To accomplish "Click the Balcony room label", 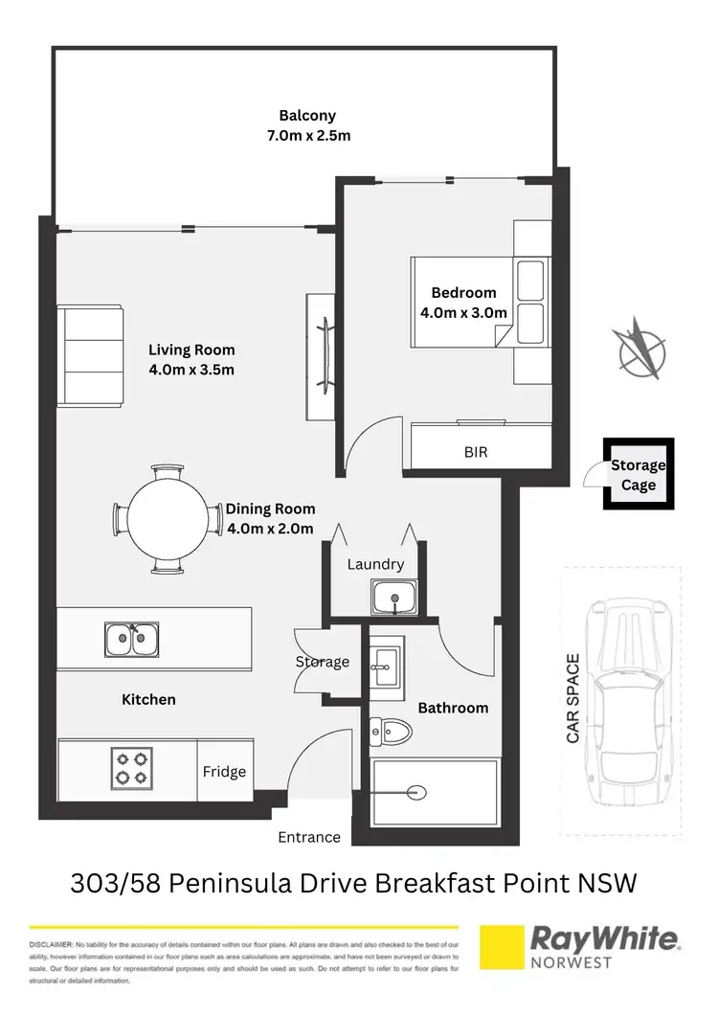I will [308, 115].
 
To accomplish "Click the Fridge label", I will [224, 772].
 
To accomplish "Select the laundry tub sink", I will [394, 598].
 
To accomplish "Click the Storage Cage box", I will [638, 475].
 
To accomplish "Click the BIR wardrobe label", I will [475, 451].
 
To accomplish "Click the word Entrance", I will [309, 837].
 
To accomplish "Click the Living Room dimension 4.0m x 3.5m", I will [191, 370].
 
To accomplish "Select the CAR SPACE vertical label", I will [573, 699].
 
